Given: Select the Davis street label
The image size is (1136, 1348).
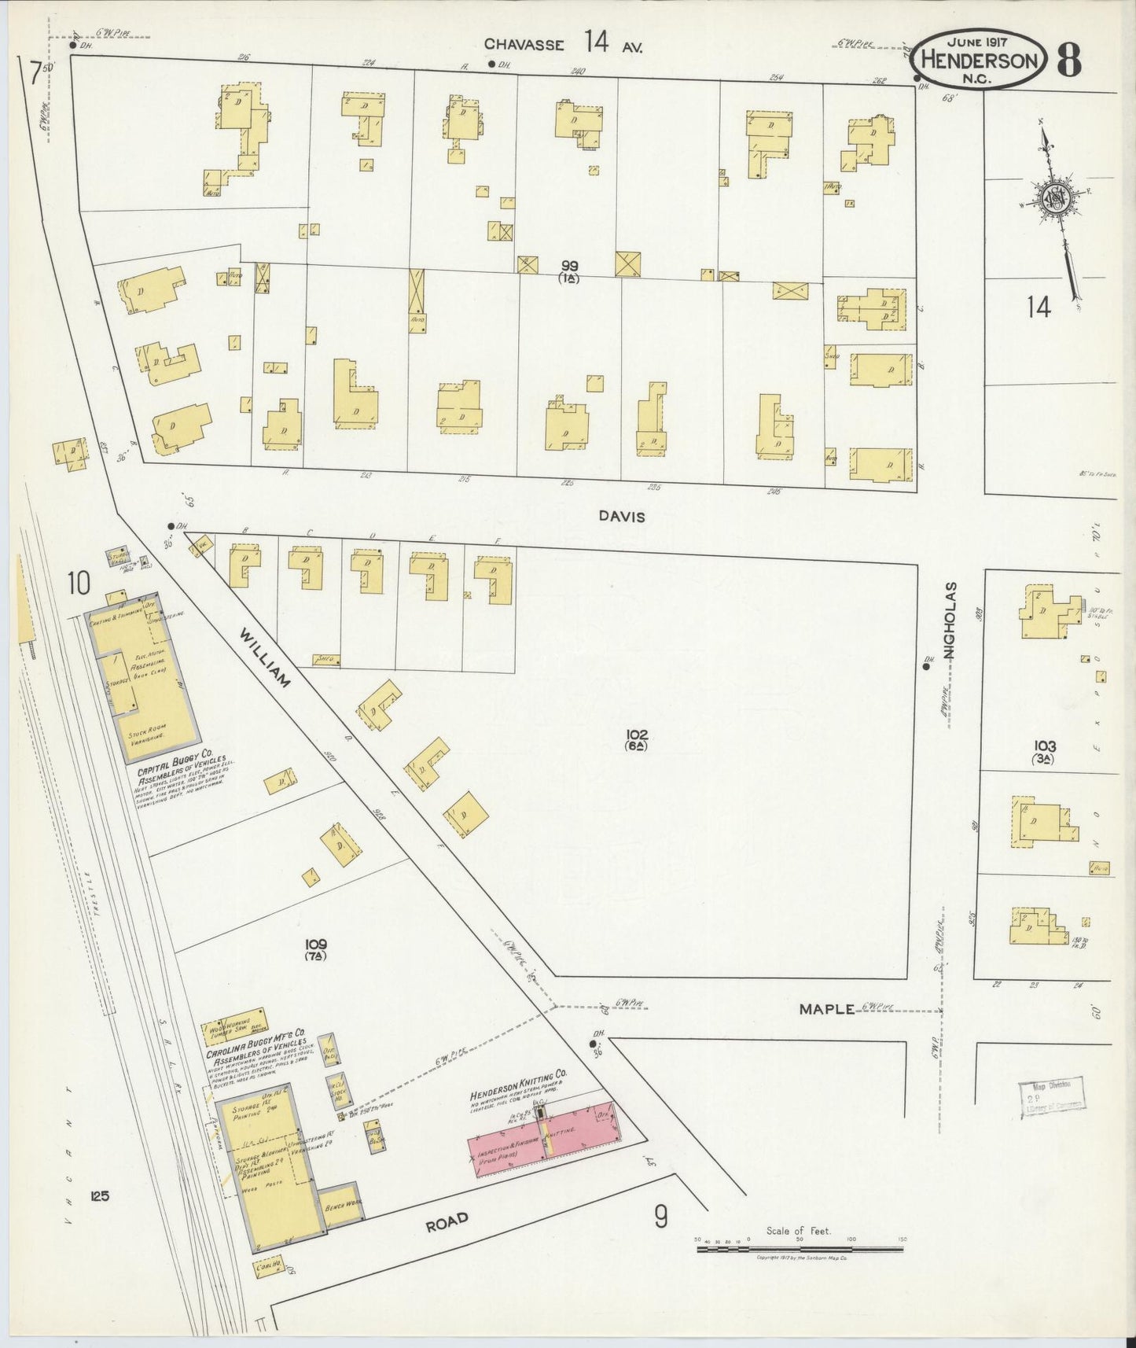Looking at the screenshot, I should coord(622,517).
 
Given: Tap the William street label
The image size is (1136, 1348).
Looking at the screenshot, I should coord(265,657).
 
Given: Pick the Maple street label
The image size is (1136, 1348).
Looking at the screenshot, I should coord(826,1008).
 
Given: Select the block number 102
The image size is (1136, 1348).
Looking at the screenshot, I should coord(637,735).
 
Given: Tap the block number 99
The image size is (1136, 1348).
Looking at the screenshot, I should coord(569,267).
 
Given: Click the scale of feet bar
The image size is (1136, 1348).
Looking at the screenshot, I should coord(800,1249).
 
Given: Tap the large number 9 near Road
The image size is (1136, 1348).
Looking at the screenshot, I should coord(661,1217).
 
